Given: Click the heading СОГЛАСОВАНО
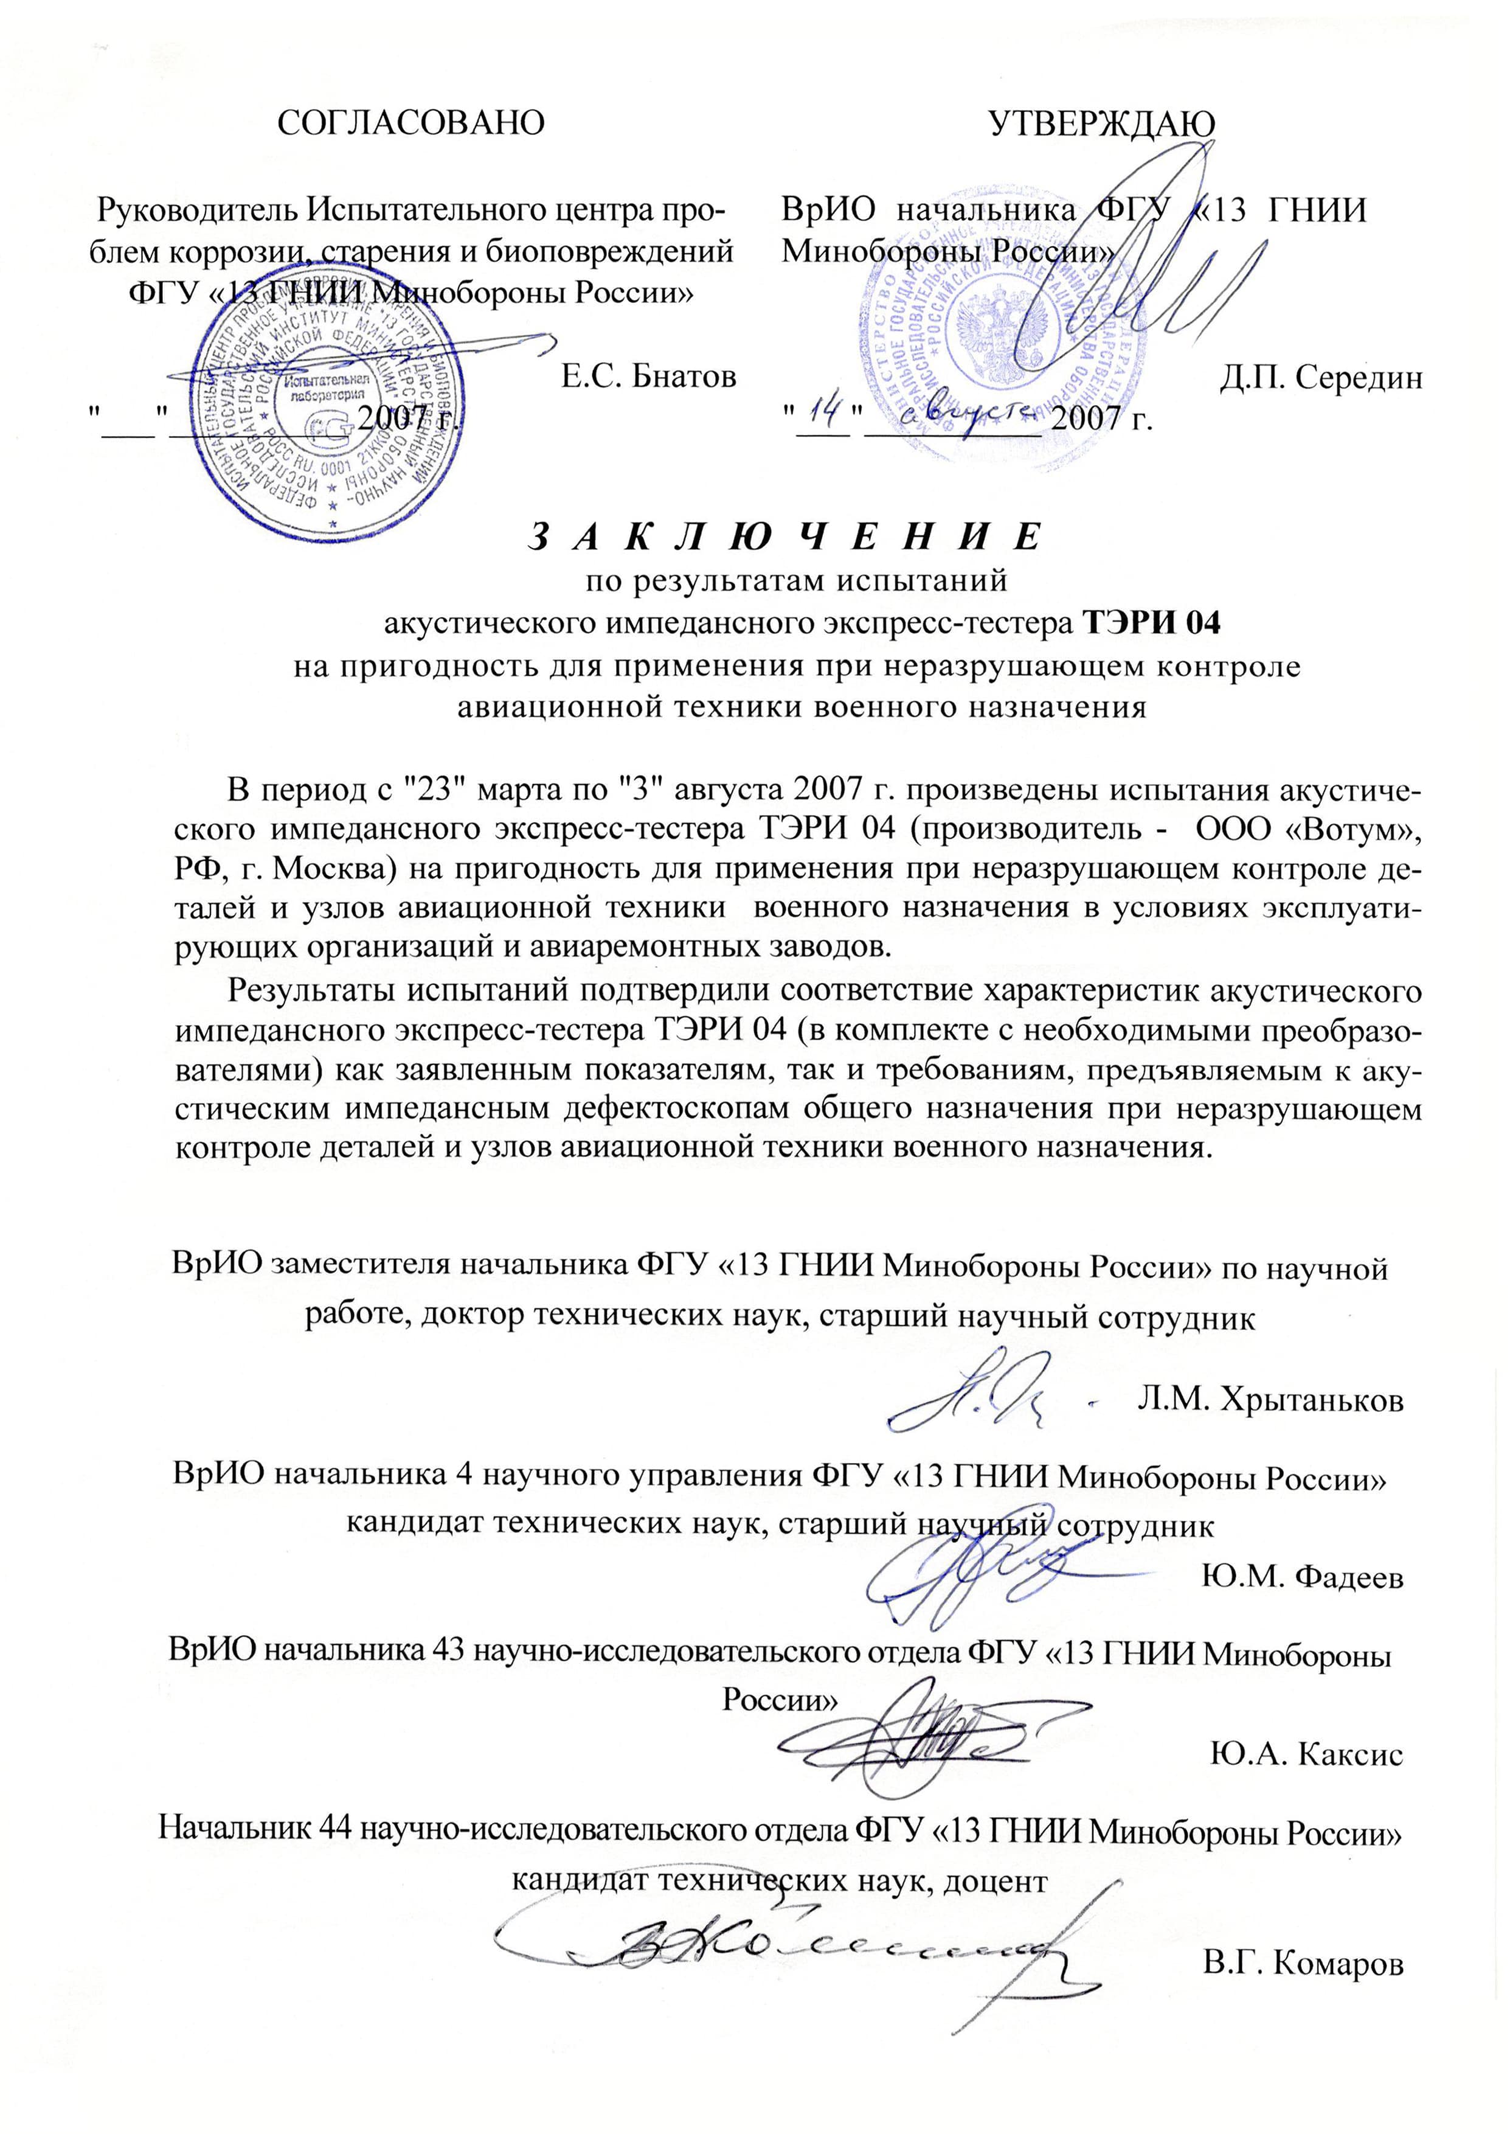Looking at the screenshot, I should pos(411,123).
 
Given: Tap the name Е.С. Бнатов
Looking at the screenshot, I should pos(648,376).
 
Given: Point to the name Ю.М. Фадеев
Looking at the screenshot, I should pos(1302,1576).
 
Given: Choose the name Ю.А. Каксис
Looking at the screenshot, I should pos(1306,1754).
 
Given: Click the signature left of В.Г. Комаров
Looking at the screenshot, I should pos(781,1939).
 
